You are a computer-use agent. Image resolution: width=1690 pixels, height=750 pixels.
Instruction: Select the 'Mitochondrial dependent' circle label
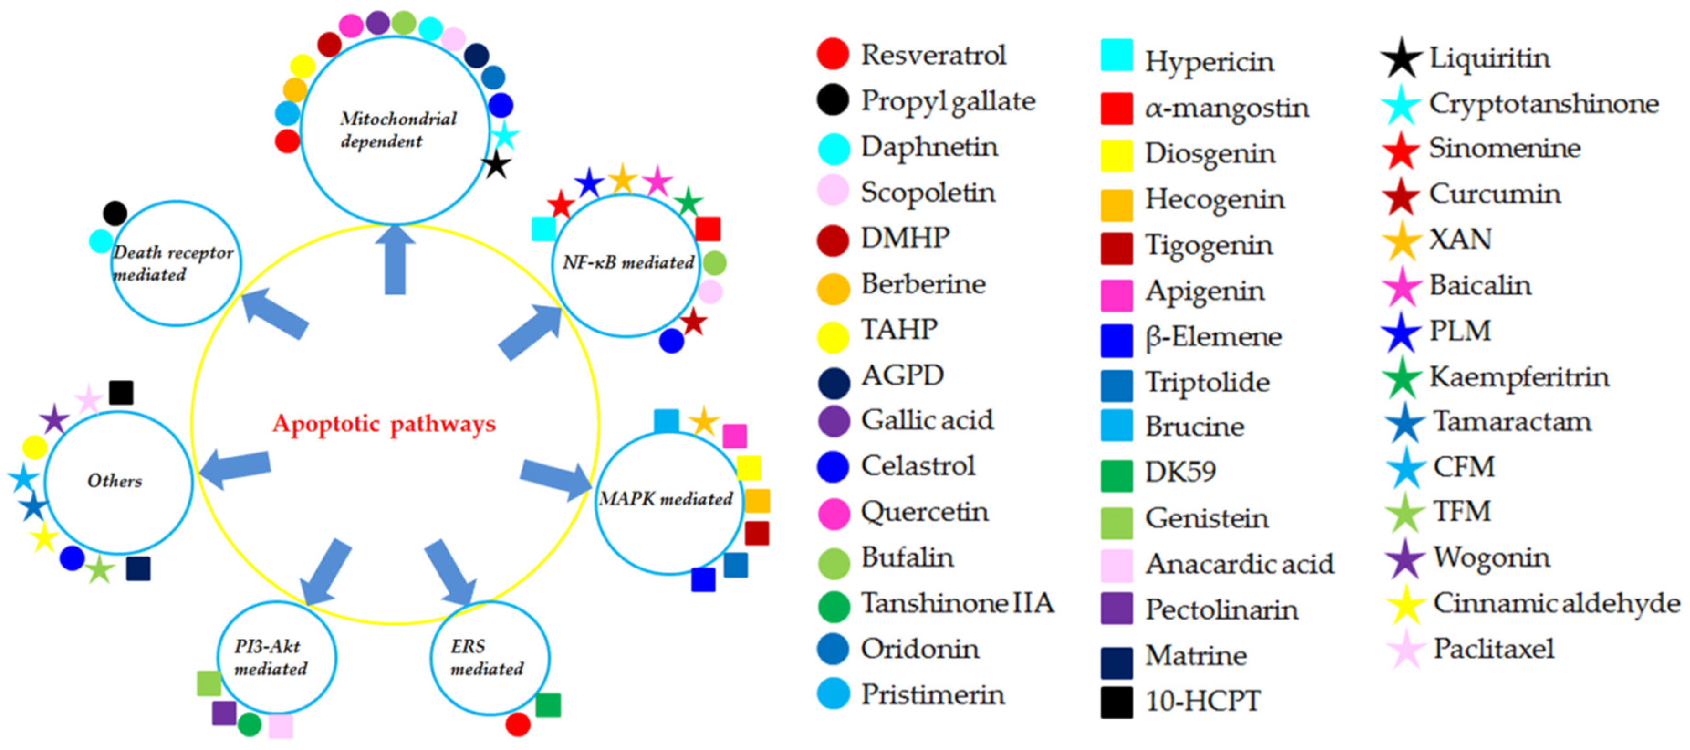397,129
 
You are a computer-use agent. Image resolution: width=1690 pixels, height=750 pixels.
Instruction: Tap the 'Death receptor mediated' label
172,263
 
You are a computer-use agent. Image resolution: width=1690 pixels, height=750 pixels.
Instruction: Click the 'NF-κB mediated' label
628,262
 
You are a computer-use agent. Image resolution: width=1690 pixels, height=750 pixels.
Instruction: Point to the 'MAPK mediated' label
665,499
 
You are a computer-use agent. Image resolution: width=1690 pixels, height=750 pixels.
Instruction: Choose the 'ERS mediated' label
487,657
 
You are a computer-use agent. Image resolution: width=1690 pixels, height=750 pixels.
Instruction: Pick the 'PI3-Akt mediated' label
270,657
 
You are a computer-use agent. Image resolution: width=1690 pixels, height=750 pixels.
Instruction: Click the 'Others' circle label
115,481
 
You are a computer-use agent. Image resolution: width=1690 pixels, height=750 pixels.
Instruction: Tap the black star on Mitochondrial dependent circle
496,165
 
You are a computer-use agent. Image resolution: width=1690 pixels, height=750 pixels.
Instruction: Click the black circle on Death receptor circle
115,213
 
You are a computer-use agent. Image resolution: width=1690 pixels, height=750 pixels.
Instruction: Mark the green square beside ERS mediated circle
548,705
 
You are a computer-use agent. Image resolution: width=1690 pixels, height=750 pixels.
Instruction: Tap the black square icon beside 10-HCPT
1116,702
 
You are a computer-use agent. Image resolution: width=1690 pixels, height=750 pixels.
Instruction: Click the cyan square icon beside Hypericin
1116,55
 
